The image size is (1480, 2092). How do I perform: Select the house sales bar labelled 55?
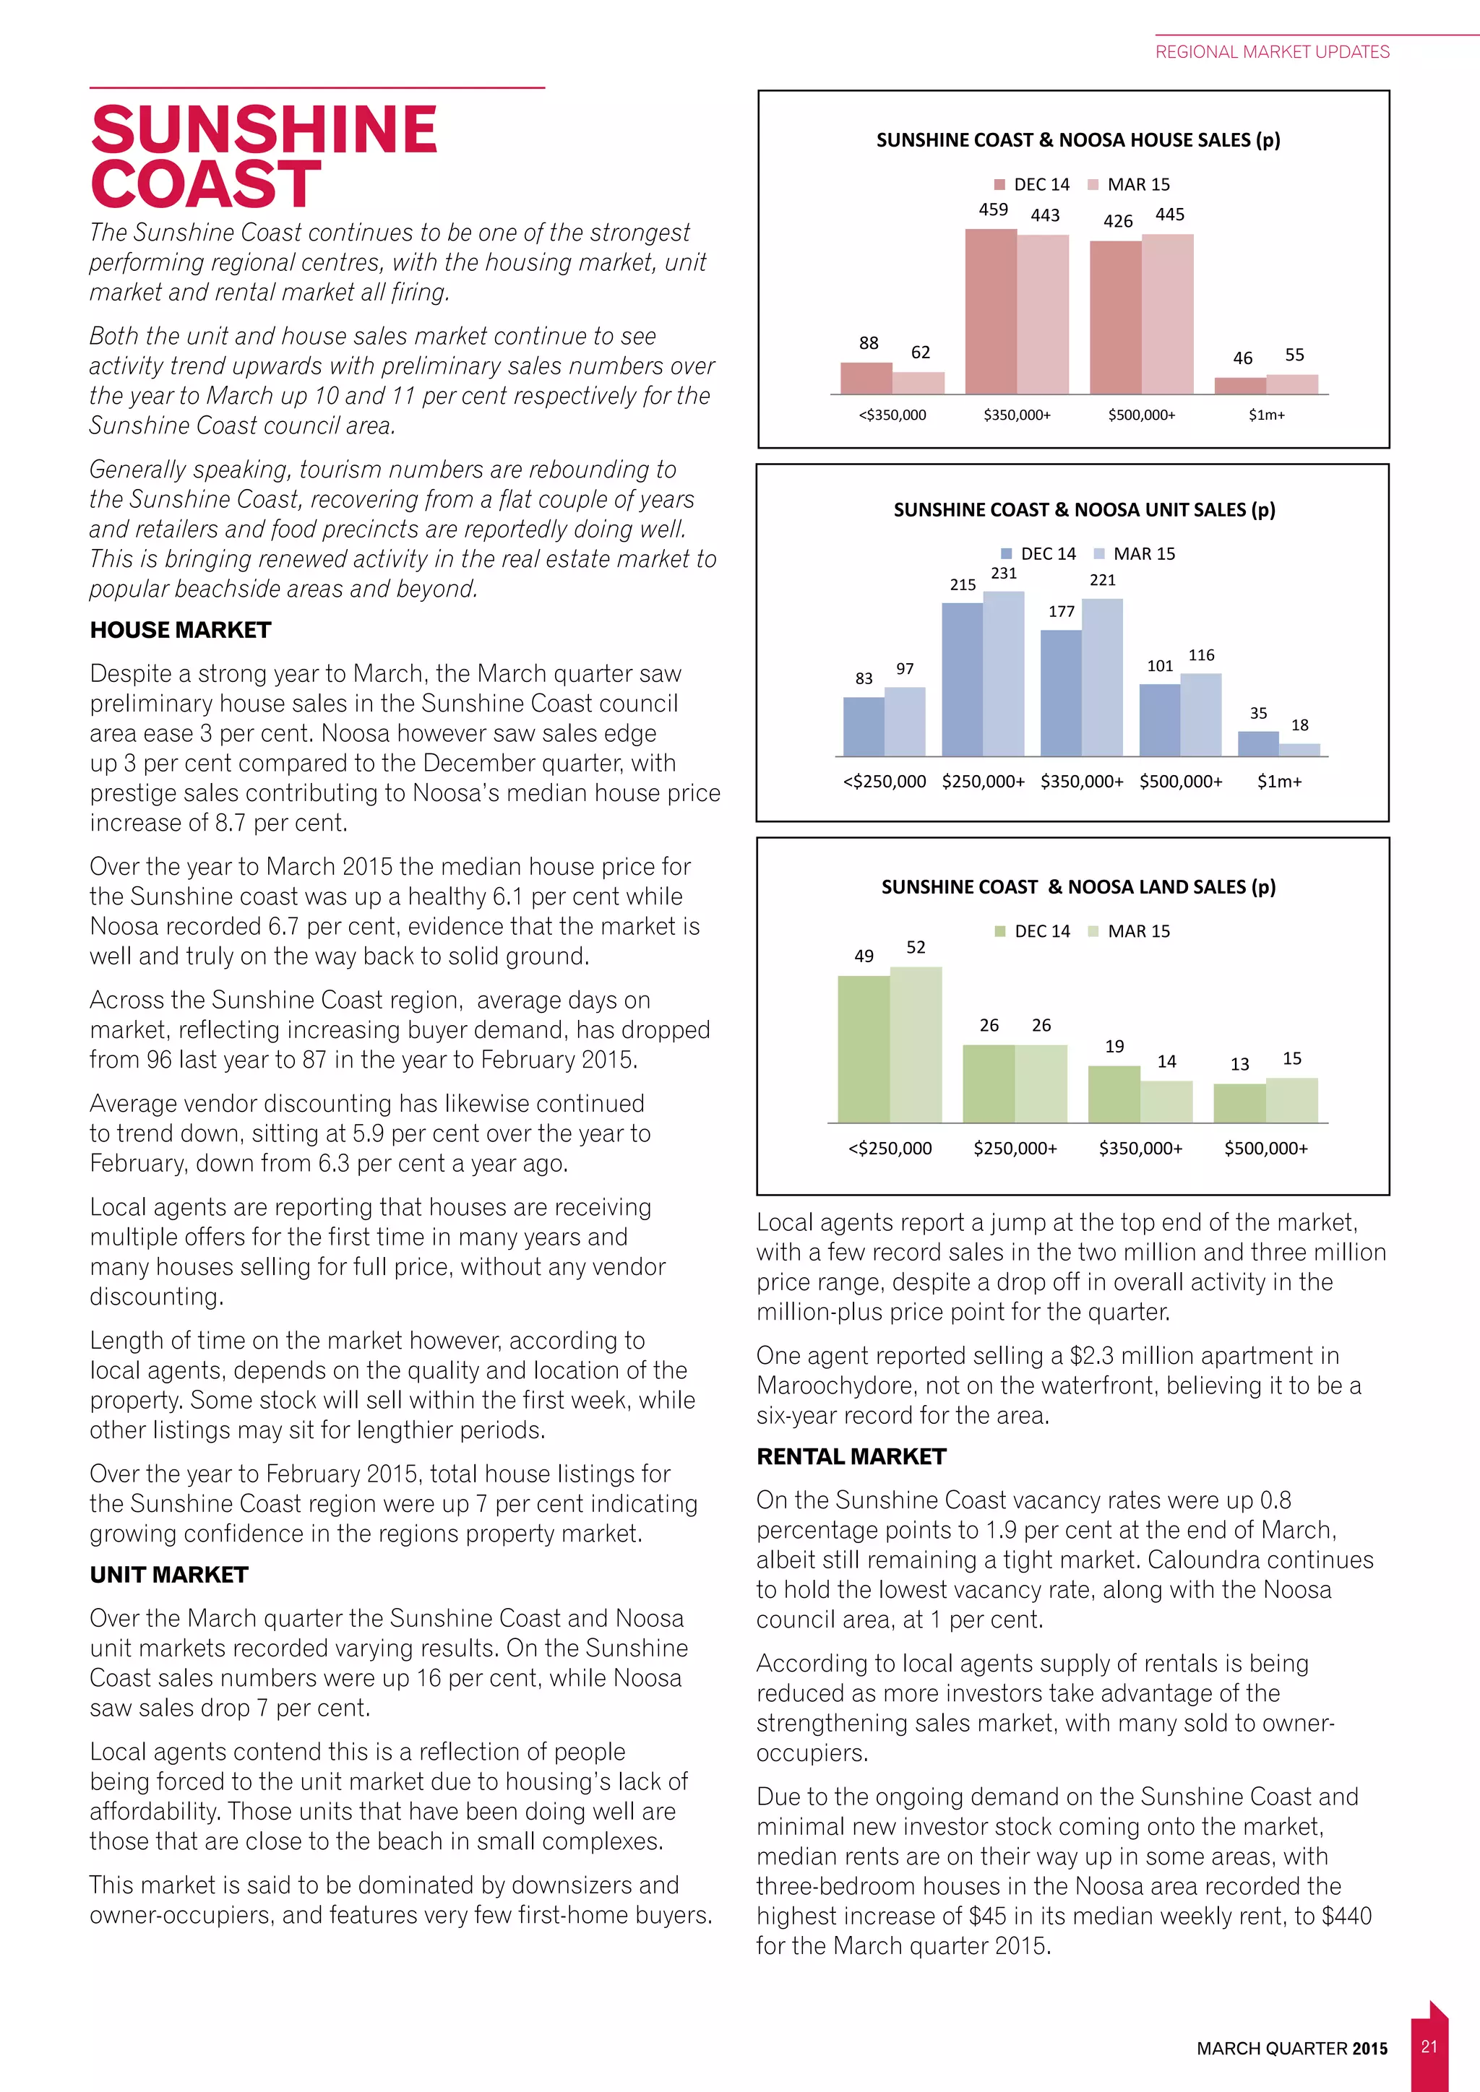(1292, 384)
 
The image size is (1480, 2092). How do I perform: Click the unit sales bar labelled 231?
(1003, 673)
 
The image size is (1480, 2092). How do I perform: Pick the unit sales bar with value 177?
(1061, 693)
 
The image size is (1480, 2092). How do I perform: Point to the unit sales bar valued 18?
(1299, 750)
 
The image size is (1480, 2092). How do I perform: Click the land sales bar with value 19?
(1114, 1094)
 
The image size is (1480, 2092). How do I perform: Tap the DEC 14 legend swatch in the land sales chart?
(999, 931)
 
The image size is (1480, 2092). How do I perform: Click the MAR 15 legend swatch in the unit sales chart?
(1099, 554)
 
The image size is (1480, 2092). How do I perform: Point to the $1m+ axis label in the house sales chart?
(1267, 415)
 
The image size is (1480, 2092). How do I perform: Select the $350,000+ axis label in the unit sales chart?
(1082, 782)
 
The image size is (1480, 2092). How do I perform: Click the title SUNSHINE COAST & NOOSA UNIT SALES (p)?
(1083, 510)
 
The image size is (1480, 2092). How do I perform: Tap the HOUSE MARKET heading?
(181, 631)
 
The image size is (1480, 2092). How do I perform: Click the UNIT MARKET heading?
(168, 1575)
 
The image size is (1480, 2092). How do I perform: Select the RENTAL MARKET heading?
(851, 1457)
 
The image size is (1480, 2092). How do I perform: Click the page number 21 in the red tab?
(1429, 2046)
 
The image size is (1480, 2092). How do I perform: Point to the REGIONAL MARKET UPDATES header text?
(1272, 52)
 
